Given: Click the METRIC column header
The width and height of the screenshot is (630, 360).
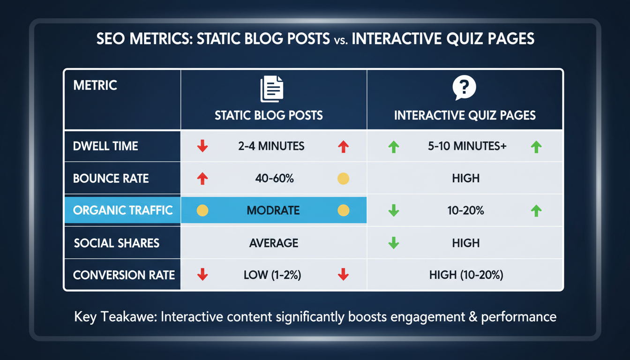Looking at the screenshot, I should click(95, 85).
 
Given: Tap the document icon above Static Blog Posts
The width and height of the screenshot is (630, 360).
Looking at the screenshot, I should click(272, 90).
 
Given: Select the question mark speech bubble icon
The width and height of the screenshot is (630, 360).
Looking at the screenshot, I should click(464, 88).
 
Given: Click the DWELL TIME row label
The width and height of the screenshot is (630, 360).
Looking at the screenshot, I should click(105, 146).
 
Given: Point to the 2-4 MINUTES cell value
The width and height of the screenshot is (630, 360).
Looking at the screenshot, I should click(271, 146).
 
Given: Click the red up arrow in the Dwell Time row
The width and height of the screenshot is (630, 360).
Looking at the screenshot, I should click(343, 147).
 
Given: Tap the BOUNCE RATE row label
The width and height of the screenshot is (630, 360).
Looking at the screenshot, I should click(111, 178).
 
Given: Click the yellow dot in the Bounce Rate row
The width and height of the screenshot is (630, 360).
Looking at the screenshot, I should click(343, 178).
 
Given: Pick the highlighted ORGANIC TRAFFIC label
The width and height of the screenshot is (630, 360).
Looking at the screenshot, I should click(123, 210).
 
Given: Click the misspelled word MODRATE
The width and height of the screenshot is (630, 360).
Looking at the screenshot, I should click(273, 210).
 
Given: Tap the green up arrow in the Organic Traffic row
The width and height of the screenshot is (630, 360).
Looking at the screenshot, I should click(536, 211).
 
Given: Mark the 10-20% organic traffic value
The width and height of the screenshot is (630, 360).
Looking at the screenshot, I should click(465, 210).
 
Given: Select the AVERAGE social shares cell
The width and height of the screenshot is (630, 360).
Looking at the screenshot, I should click(273, 243).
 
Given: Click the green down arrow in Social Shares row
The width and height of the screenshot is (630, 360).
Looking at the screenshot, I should click(394, 243).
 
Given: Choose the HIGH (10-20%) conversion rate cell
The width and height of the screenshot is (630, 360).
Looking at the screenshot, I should click(466, 275).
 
